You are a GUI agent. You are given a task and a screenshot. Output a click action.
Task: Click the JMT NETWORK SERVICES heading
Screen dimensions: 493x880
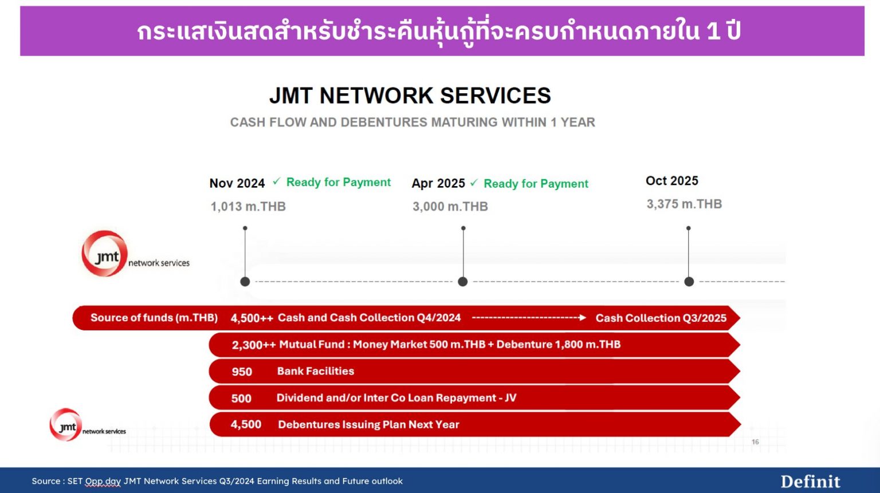(x=410, y=96)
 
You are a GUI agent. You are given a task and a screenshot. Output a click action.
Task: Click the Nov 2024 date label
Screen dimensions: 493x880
(x=237, y=183)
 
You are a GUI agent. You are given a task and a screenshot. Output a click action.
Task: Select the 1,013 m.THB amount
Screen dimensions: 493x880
(x=247, y=207)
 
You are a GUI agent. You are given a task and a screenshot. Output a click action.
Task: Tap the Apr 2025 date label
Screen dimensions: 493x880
(x=438, y=183)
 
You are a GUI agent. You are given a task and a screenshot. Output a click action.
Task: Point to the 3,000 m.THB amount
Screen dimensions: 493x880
(x=450, y=207)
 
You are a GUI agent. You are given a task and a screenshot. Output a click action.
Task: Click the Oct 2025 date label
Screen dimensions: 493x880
(x=671, y=181)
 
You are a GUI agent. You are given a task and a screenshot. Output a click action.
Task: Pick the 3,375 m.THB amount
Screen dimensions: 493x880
(x=684, y=204)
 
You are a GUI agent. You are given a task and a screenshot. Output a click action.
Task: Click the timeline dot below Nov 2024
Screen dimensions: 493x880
(x=245, y=282)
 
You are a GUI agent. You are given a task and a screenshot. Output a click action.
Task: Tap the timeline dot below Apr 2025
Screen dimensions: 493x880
(x=463, y=282)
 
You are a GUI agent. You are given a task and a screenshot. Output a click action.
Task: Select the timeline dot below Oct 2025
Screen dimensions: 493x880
(x=689, y=282)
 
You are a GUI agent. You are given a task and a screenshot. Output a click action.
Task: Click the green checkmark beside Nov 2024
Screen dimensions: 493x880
(x=276, y=182)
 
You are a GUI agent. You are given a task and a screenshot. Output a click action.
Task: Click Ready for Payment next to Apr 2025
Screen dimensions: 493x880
(x=536, y=184)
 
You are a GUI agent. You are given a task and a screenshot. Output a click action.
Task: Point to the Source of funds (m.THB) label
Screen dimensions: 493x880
(x=154, y=318)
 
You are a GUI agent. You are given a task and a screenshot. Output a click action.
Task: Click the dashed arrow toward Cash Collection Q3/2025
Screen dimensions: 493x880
(x=528, y=318)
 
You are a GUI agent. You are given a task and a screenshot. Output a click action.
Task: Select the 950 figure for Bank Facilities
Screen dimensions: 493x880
(x=242, y=372)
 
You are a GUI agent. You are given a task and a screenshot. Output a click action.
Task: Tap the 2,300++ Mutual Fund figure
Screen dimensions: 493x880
(x=253, y=345)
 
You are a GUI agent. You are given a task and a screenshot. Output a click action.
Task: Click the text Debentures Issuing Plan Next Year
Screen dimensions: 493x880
(x=368, y=425)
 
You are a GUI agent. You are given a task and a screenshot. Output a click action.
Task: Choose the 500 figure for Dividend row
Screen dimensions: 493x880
(x=241, y=399)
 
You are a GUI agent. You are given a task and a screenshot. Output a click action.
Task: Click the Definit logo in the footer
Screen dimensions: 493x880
(x=810, y=482)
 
